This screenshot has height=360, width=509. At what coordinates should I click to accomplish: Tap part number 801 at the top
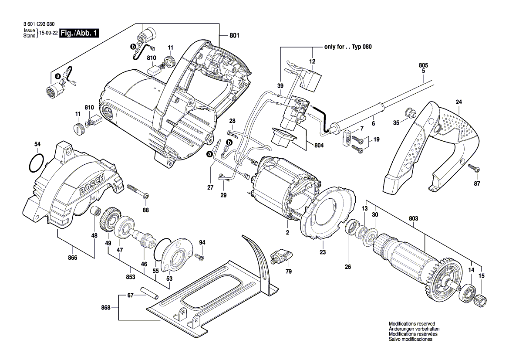click(234, 35)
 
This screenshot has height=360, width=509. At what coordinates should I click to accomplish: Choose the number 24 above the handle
click(458, 102)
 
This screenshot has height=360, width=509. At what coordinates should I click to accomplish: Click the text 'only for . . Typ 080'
click(347, 46)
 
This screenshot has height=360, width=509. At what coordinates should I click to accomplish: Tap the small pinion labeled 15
click(481, 299)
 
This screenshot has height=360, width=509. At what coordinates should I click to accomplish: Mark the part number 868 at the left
click(106, 308)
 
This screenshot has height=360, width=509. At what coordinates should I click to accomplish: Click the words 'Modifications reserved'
click(411, 324)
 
